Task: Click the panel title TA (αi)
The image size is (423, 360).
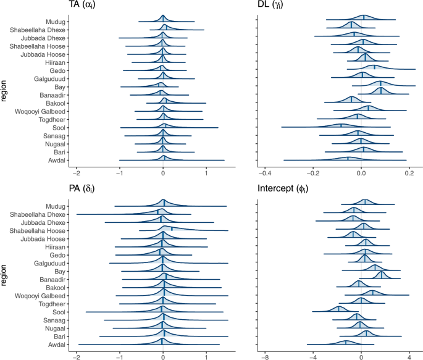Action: (x=87, y=6)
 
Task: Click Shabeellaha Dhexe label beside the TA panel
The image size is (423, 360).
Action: (x=38, y=30)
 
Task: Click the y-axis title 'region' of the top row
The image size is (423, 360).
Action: (x=6, y=87)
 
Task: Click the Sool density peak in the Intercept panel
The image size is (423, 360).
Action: (x=338, y=308)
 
